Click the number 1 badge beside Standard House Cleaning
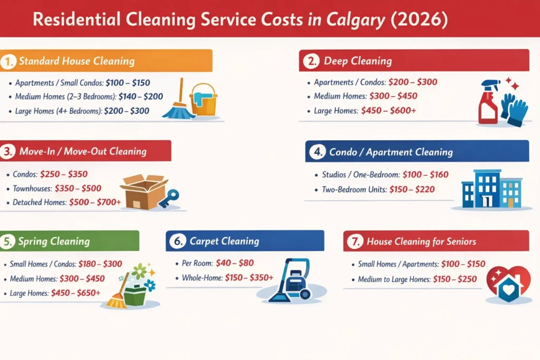(7, 61)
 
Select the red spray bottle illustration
(488, 103)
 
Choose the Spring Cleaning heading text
(54, 242)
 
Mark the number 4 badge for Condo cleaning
(317, 152)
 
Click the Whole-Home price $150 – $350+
(249, 278)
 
